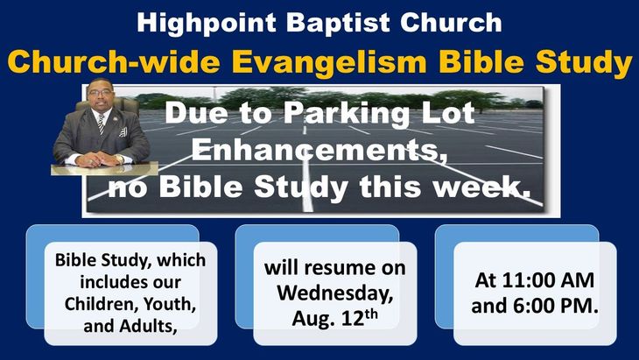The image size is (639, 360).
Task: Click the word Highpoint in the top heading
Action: tap(207, 24)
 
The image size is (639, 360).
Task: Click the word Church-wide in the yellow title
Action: tap(114, 61)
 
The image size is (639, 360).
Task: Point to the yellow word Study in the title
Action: tap(584, 63)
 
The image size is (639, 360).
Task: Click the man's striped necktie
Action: tap(101, 124)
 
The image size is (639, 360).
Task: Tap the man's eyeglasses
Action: tap(100, 93)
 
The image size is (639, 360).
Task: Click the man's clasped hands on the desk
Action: tap(98, 159)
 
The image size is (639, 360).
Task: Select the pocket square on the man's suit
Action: tap(123, 131)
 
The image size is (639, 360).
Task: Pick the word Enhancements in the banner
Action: tap(316, 150)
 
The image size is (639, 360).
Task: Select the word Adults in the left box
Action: tap(147, 326)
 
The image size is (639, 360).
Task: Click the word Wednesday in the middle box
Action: tap(335, 293)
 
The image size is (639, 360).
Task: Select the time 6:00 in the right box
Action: tap(534, 306)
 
